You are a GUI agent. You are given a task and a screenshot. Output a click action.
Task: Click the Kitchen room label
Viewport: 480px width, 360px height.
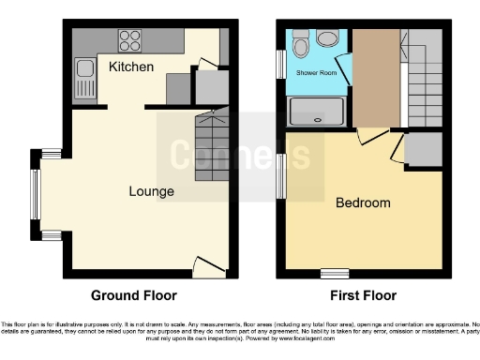pyautogui.click(x=131, y=67)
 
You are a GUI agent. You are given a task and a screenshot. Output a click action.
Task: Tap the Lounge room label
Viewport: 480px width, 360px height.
pyautogui.click(x=151, y=191)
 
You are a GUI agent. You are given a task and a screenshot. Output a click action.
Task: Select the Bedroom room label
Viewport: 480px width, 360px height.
pyautogui.click(x=363, y=202)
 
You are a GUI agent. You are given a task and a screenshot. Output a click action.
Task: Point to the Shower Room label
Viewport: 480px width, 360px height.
pyautogui.click(x=316, y=72)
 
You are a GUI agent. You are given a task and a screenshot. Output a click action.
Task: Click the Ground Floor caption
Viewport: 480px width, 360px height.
pyautogui.click(x=133, y=295)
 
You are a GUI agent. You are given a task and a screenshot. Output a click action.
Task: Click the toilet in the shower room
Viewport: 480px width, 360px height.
pyautogui.click(x=300, y=43)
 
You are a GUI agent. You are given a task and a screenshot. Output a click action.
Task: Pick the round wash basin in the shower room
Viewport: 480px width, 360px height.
pyautogui.click(x=328, y=38)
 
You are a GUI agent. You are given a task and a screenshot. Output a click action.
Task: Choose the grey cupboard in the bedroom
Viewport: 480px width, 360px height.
pyautogui.click(x=424, y=148)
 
